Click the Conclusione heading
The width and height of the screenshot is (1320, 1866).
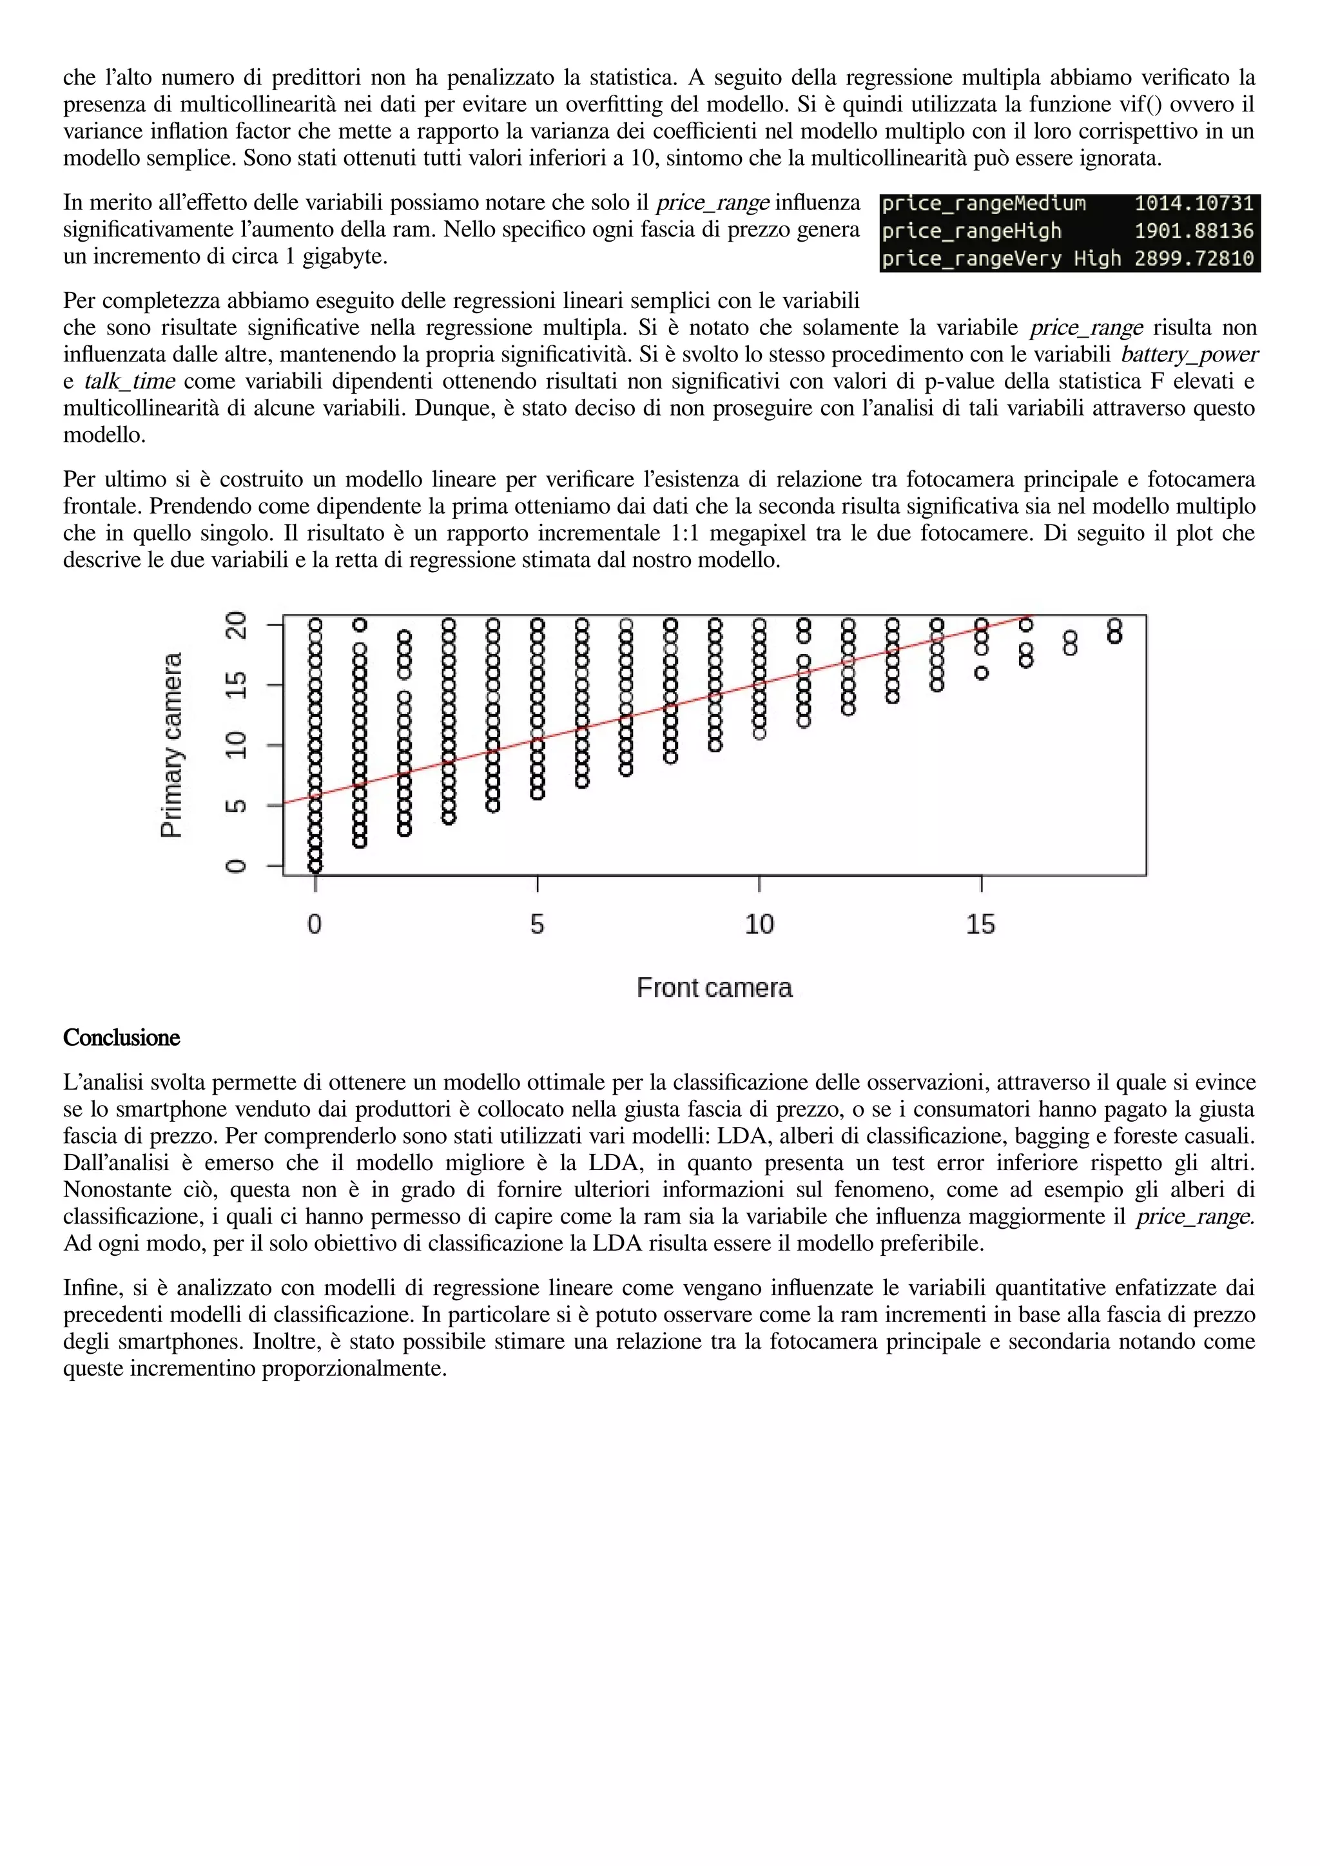tap(121, 1038)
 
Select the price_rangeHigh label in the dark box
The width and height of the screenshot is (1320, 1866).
tap(971, 231)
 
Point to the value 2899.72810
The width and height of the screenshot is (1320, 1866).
tap(1193, 258)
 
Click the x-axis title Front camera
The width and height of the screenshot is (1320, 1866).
tap(713, 988)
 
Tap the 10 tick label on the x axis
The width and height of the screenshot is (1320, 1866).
tap(759, 924)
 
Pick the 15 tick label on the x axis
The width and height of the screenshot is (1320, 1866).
tap(980, 924)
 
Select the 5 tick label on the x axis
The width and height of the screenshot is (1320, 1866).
tap(538, 924)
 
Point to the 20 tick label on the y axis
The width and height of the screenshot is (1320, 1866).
tap(236, 625)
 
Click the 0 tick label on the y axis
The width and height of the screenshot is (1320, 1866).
tap(236, 865)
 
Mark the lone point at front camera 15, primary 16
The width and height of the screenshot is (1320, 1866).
tap(982, 673)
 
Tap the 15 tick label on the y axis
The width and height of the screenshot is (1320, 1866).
tap(236, 684)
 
